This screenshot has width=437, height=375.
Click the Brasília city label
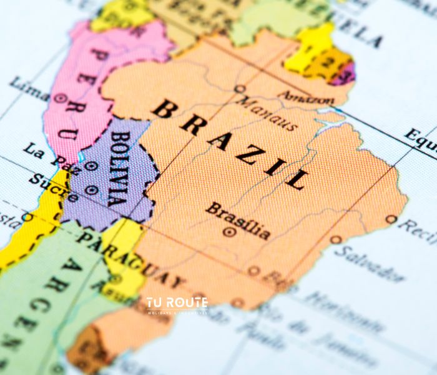[x=238, y=221]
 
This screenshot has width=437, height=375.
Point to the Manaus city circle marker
[x=239, y=89]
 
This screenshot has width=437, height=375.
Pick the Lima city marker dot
[x=60, y=98]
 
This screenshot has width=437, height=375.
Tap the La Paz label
[x=46, y=156]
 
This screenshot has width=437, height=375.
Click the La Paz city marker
[x=91, y=166]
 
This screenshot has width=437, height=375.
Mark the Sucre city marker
[x=92, y=189]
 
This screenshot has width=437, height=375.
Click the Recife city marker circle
[x=391, y=219]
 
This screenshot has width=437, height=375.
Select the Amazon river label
[x=305, y=97]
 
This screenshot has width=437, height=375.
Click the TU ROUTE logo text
[x=177, y=303]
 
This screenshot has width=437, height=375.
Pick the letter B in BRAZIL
[x=164, y=108]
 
